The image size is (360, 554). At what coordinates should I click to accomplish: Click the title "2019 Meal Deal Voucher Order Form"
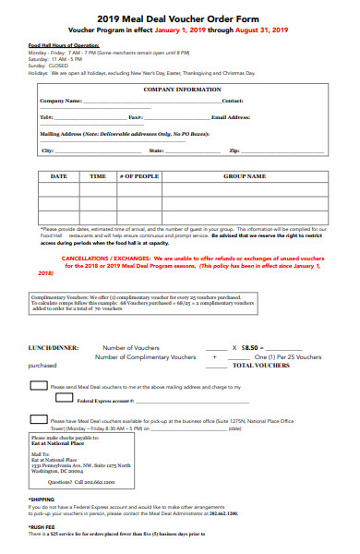(180, 18)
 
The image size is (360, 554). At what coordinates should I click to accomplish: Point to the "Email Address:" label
(231, 117)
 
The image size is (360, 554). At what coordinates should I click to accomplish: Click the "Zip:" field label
(234, 150)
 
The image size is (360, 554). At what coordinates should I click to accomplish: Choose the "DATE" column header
(58, 175)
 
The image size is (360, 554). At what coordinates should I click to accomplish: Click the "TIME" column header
(97, 175)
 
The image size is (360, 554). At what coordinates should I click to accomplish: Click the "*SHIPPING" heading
(42, 500)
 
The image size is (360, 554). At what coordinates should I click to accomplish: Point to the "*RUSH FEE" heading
(42, 526)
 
